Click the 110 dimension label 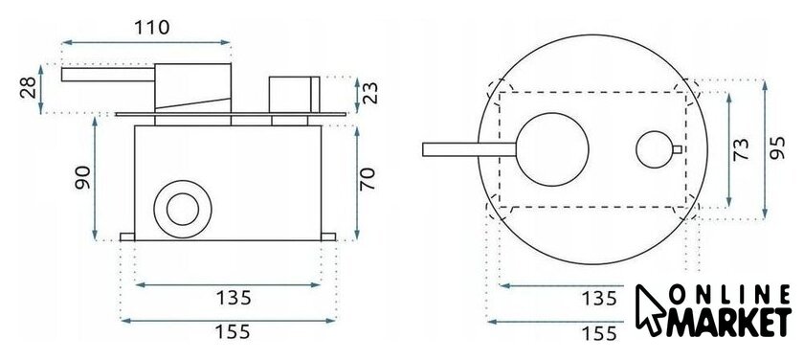tap(152, 27)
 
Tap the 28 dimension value tap(29, 88)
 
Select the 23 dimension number tap(369, 93)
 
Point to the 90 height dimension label tap(82, 177)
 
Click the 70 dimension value tap(368, 179)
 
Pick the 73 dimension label tap(741, 149)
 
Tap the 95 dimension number tap(777, 148)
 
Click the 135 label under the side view tap(234, 298)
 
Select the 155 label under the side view tap(233, 332)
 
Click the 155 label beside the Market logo tap(599, 333)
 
